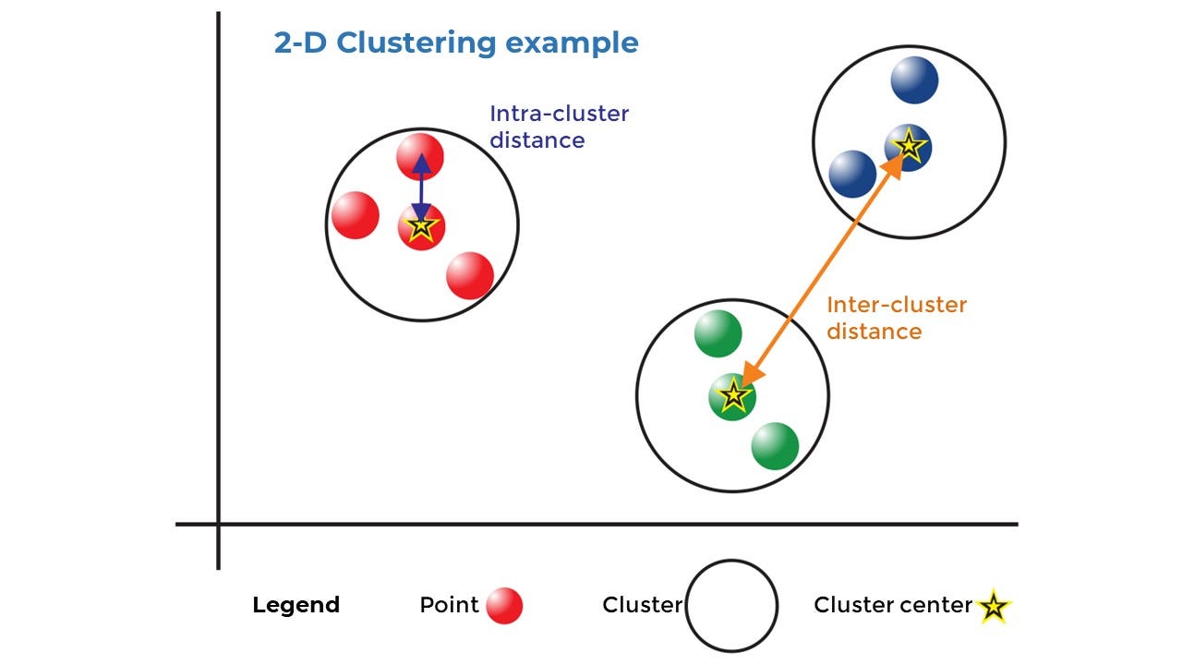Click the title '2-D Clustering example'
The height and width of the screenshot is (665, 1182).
[456, 43]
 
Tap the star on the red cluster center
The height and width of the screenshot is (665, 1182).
[421, 226]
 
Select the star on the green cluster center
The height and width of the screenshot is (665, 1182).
[732, 396]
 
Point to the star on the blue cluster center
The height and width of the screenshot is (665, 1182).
[909, 145]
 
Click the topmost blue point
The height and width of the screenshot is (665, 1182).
[914, 80]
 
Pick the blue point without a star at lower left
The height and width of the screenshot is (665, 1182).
[852, 174]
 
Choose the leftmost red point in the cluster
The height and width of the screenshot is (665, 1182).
[356, 215]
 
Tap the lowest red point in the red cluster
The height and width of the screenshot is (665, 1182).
[470, 275]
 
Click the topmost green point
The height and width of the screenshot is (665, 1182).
[718, 333]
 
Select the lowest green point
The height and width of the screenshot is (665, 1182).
[775, 446]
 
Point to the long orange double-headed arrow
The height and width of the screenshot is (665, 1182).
[822, 268]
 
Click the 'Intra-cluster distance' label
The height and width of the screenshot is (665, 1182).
[559, 127]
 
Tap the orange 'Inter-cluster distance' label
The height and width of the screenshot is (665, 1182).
[896, 318]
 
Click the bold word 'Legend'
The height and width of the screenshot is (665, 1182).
[295, 605]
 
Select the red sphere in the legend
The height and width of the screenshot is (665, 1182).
[504, 606]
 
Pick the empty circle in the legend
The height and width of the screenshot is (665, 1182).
[731, 606]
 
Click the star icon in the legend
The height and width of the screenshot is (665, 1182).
[994, 607]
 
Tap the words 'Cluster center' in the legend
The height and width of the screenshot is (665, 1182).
[892, 605]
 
